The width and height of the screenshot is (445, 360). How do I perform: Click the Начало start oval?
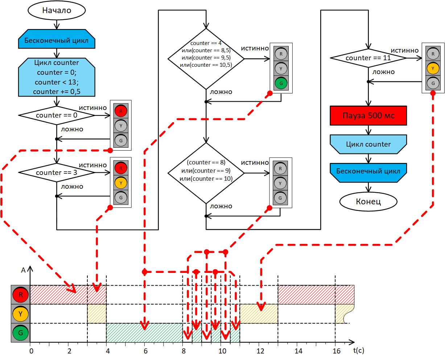click(x=56, y=11)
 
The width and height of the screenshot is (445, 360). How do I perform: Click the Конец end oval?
click(x=368, y=201)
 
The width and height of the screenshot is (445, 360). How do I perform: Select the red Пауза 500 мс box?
click(x=368, y=116)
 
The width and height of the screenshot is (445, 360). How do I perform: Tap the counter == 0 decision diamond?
click(x=56, y=115)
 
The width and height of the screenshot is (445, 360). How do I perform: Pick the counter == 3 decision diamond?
click(x=56, y=172)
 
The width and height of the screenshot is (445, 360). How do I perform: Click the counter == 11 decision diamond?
click(x=368, y=58)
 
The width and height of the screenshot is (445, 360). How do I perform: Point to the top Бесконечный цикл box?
click(x=56, y=40)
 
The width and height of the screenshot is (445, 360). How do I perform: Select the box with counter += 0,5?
click(x=56, y=77)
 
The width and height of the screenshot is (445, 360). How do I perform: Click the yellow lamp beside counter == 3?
click(x=121, y=183)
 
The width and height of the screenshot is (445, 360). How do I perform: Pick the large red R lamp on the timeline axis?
click(x=20, y=295)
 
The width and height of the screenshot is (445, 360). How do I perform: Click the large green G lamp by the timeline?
click(x=20, y=333)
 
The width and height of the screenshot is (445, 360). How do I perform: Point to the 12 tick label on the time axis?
click(x=260, y=351)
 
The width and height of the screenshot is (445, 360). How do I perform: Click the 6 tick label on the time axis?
click(x=145, y=351)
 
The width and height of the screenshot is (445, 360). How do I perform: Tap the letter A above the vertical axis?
click(x=23, y=270)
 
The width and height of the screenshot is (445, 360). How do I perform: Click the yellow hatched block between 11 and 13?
click(x=259, y=314)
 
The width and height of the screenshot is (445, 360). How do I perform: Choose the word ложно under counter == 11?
click(x=384, y=72)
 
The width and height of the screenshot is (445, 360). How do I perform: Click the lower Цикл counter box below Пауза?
click(x=368, y=144)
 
